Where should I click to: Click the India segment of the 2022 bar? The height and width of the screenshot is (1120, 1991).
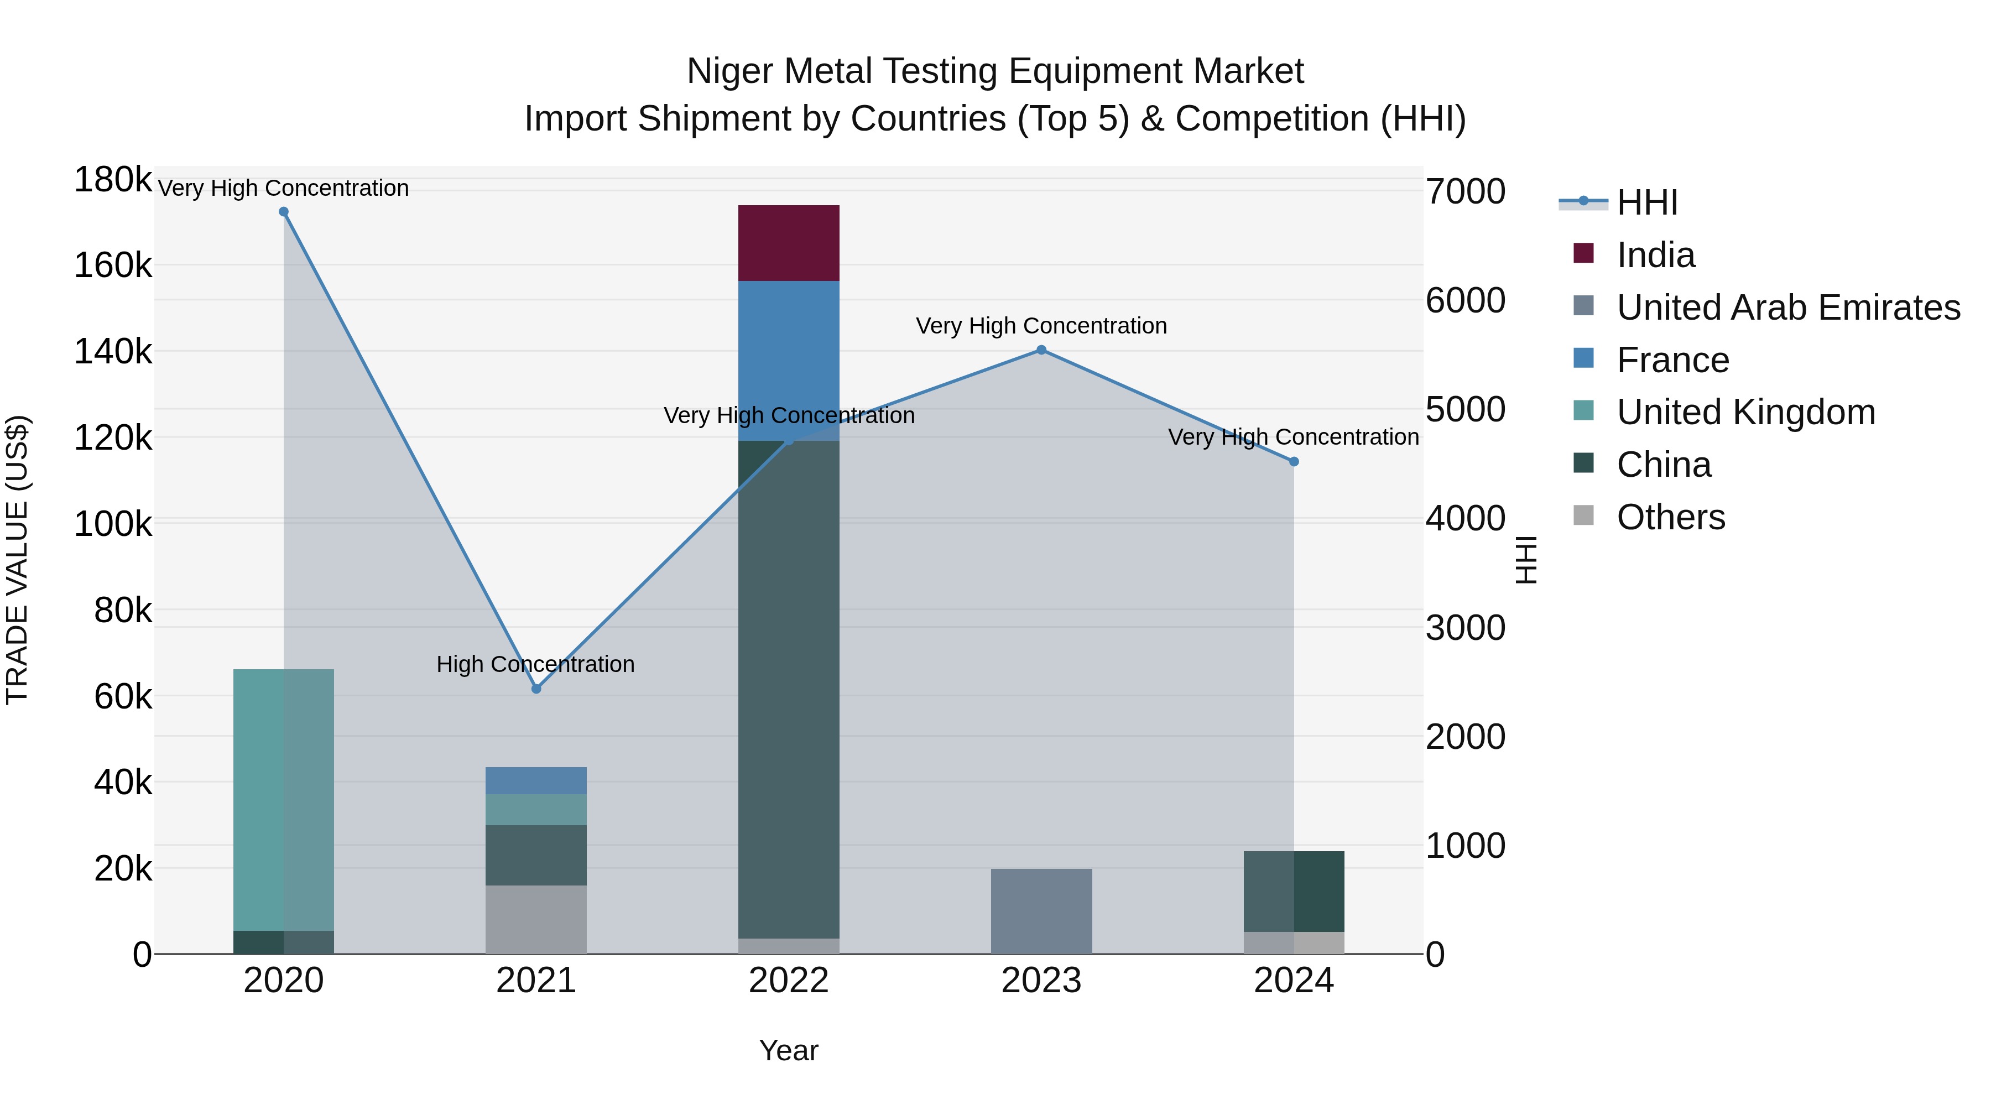pyautogui.click(x=788, y=243)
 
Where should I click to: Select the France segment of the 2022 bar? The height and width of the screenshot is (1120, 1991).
pyautogui.click(x=788, y=360)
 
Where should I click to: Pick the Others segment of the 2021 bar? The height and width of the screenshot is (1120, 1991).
pyautogui.click(x=535, y=919)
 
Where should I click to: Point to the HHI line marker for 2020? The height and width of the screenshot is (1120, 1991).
pyautogui.click(x=284, y=212)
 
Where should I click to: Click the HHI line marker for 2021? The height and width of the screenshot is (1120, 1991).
pyautogui.click(x=536, y=689)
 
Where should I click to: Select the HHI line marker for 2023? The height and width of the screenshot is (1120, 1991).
pyautogui.click(x=1041, y=350)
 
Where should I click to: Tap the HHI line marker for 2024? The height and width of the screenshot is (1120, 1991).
pyautogui.click(x=1294, y=461)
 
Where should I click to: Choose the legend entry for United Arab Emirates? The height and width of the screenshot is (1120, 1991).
pyautogui.click(x=1787, y=307)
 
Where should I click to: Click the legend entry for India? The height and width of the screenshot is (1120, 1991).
pyautogui.click(x=1655, y=255)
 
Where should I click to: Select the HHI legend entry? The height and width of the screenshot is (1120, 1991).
pyautogui.click(x=1646, y=202)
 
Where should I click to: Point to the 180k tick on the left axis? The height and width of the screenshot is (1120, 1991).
pyautogui.click(x=113, y=180)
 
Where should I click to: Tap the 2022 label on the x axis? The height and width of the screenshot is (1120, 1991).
pyautogui.click(x=788, y=981)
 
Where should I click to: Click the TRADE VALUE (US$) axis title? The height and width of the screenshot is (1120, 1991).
pyautogui.click(x=17, y=560)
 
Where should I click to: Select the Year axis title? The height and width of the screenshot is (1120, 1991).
pyautogui.click(x=788, y=1050)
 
